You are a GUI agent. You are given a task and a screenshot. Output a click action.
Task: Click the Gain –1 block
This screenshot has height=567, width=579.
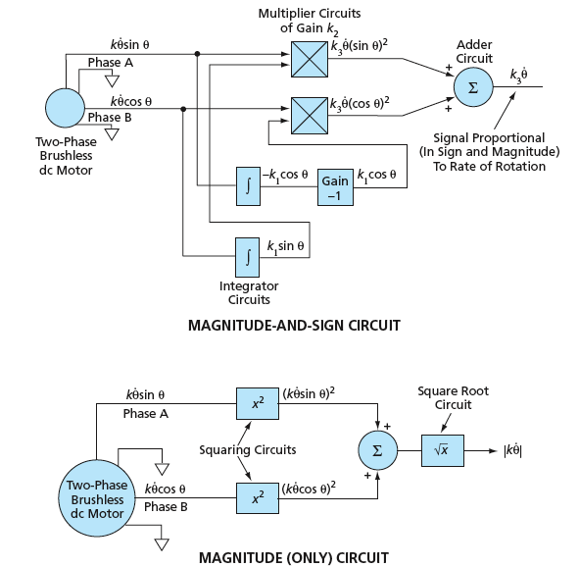(335, 187)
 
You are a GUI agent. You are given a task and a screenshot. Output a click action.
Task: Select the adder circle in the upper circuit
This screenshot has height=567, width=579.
(473, 87)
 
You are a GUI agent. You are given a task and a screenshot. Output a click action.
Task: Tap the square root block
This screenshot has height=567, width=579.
(443, 450)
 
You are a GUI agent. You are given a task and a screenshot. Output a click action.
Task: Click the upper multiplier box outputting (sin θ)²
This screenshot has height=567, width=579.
(310, 59)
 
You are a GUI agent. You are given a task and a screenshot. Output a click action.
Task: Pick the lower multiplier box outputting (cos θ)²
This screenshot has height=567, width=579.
(310, 116)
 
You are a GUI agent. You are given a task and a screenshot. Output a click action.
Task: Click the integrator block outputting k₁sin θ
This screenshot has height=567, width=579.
(248, 257)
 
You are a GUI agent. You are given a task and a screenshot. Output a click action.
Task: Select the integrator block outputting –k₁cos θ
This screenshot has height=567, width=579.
(248, 186)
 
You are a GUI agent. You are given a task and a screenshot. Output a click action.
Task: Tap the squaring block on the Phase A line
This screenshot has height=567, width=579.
(258, 403)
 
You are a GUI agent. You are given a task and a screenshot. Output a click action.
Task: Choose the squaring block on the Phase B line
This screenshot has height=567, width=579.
(258, 498)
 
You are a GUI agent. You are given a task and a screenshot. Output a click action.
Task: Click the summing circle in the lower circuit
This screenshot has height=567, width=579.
(378, 450)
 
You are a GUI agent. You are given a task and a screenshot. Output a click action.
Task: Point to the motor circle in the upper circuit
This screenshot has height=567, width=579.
(65, 108)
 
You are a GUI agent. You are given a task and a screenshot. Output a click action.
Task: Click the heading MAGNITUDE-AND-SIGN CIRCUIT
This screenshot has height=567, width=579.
(294, 326)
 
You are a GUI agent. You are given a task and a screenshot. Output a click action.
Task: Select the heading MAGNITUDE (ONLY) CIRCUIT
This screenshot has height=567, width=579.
(294, 558)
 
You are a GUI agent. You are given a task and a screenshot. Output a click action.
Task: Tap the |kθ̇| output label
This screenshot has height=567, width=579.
(513, 450)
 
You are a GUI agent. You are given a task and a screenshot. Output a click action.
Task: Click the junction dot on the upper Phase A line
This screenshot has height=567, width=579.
(197, 54)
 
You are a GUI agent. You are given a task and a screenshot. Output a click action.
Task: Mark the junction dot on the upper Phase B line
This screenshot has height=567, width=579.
(183, 109)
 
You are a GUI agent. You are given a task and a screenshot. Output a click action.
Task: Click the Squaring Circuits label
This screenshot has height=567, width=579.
(248, 450)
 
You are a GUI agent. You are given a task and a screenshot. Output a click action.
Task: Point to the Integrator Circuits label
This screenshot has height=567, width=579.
(249, 292)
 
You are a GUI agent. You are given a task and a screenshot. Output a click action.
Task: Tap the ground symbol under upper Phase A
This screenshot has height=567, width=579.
(112, 81)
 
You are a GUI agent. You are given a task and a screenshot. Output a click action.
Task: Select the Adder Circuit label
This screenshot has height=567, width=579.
(474, 51)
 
